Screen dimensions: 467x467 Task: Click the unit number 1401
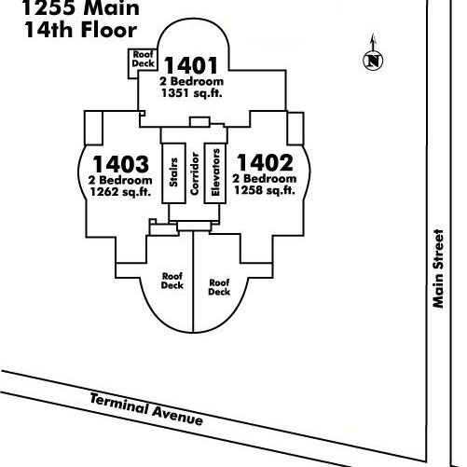pyautogui.click(x=191, y=65)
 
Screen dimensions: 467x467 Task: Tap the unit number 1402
pyautogui.click(x=265, y=162)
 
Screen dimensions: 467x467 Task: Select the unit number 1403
pyautogui.click(x=120, y=164)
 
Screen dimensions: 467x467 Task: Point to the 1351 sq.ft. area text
pyautogui.click(x=192, y=93)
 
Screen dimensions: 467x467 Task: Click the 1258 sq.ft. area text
pyautogui.click(x=265, y=190)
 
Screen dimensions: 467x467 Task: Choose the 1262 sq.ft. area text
pyautogui.click(x=120, y=192)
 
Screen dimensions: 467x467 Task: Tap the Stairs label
pyautogui.click(x=173, y=172)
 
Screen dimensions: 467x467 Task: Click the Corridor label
pyautogui.click(x=195, y=173)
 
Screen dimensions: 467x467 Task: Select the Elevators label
pyautogui.click(x=215, y=172)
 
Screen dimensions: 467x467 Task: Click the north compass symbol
pyautogui.click(x=373, y=60)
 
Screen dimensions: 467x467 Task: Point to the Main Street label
pyautogui.click(x=438, y=268)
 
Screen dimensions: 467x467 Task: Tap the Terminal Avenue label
pyautogui.click(x=146, y=408)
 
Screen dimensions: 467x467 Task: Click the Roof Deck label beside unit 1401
pyautogui.click(x=144, y=59)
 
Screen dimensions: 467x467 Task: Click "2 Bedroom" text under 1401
pyautogui.click(x=192, y=81)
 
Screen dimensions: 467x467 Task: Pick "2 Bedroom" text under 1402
pyautogui.click(x=265, y=178)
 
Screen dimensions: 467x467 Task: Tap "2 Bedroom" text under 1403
pyautogui.click(x=120, y=180)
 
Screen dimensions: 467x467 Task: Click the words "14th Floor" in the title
pyautogui.click(x=81, y=30)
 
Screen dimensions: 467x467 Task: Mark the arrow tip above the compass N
pyautogui.click(x=374, y=34)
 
